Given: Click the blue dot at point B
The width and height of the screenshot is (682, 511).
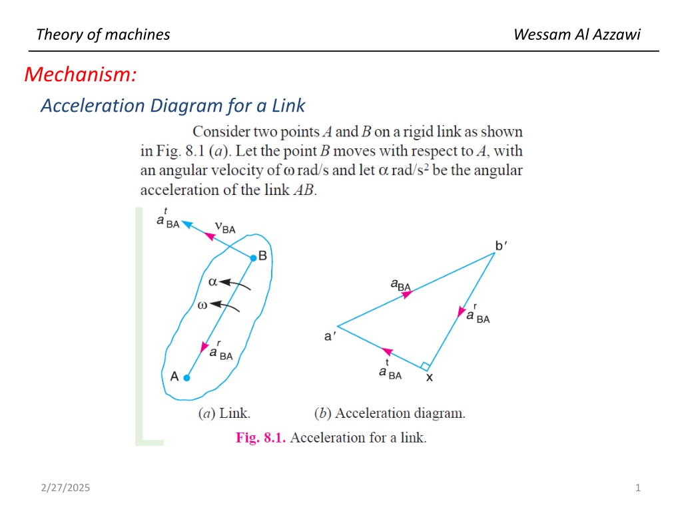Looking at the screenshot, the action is click(x=254, y=258).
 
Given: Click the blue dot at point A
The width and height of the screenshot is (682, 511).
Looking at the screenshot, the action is click(x=186, y=378).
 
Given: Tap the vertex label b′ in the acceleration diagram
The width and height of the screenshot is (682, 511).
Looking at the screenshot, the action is click(x=501, y=246).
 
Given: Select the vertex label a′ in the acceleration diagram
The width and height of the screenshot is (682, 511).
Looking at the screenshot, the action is click(x=330, y=336).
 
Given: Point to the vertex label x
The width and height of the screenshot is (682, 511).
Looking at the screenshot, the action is click(x=430, y=378).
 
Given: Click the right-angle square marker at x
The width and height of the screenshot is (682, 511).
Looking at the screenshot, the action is click(x=426, y=367).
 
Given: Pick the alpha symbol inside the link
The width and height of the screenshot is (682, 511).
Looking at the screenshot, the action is click(x=212, y=282).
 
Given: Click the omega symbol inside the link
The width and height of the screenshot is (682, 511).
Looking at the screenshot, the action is click(x=202, y=305).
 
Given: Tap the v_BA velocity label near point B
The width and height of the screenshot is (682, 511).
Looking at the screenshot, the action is click(x=225, y=228).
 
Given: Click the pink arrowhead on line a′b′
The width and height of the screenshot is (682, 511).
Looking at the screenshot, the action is click(x=407, y=295).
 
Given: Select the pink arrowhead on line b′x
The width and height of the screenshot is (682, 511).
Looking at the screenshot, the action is click(x=461, y=311).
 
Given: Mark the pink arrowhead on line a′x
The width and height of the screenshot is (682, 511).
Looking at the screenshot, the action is click(x=387, y=351).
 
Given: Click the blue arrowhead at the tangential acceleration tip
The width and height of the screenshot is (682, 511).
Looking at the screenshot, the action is click(x=187, y=224).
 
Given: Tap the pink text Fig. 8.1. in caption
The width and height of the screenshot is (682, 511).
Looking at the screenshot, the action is click(x=260, y=438).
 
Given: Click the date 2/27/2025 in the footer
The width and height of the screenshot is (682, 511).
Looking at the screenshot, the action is click(x=65, y=488).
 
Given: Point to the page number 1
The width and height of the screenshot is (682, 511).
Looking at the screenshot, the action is click(x=637, y=488).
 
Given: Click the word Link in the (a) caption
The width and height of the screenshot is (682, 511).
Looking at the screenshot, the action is click(x=234, y=413).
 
